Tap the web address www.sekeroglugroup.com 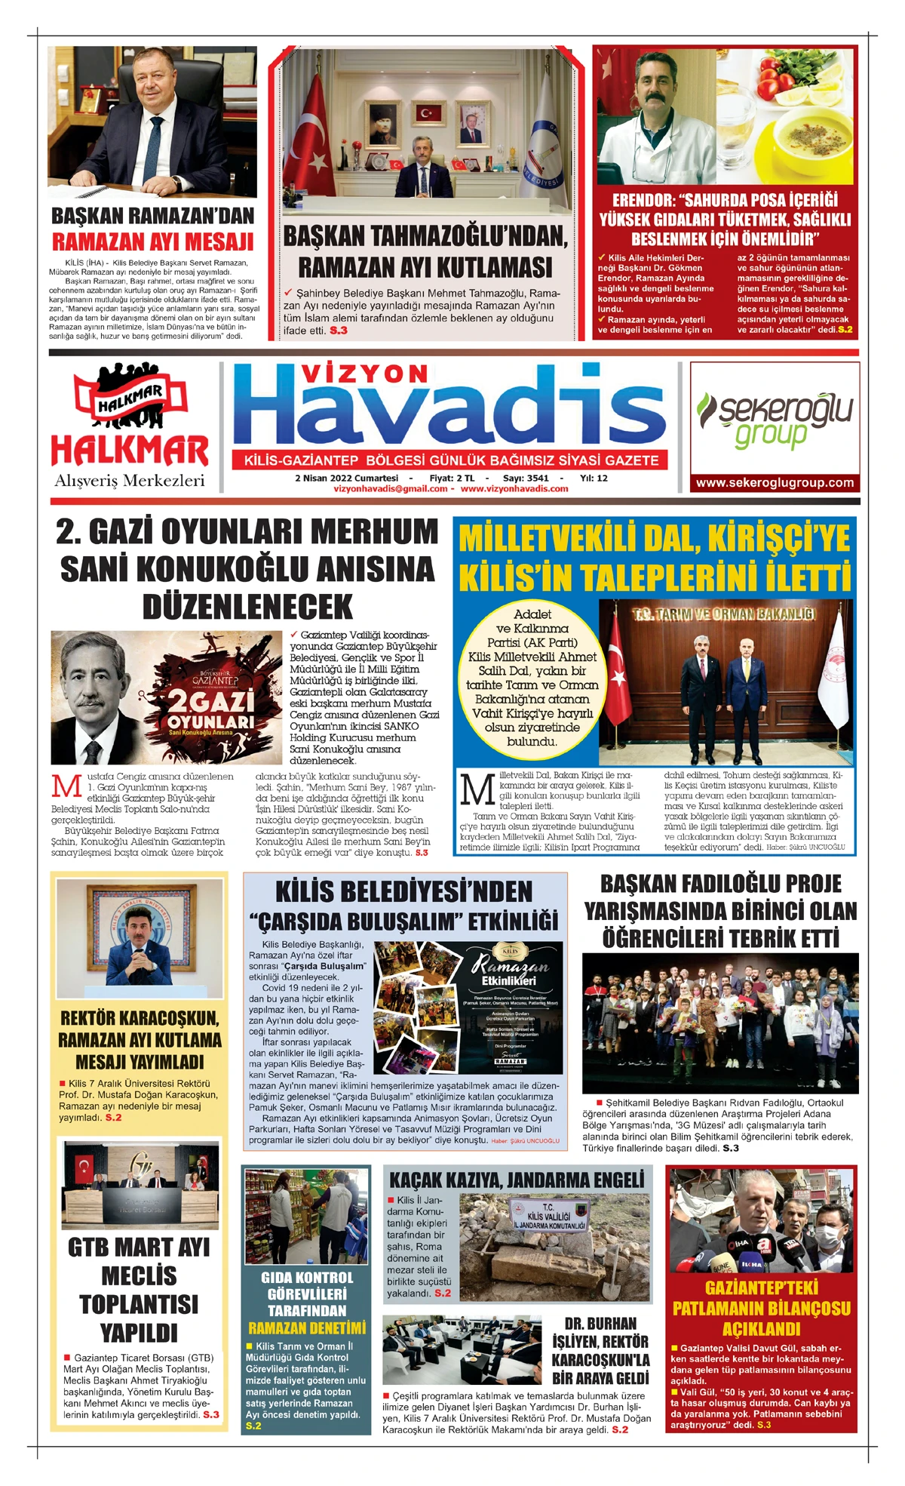point(775,483)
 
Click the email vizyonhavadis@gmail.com point(391,489)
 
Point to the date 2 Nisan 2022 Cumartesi point(346,478)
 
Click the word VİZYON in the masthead point(364,374)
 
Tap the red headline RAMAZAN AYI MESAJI point(152,242)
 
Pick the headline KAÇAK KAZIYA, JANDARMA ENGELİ point(517,1179)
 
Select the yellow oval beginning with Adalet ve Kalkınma point(532,677)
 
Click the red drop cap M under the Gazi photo point(66,786)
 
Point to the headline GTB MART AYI point(140,1248)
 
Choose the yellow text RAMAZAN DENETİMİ point(306,1328)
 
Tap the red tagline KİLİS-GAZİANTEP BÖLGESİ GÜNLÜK point(451,460)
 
